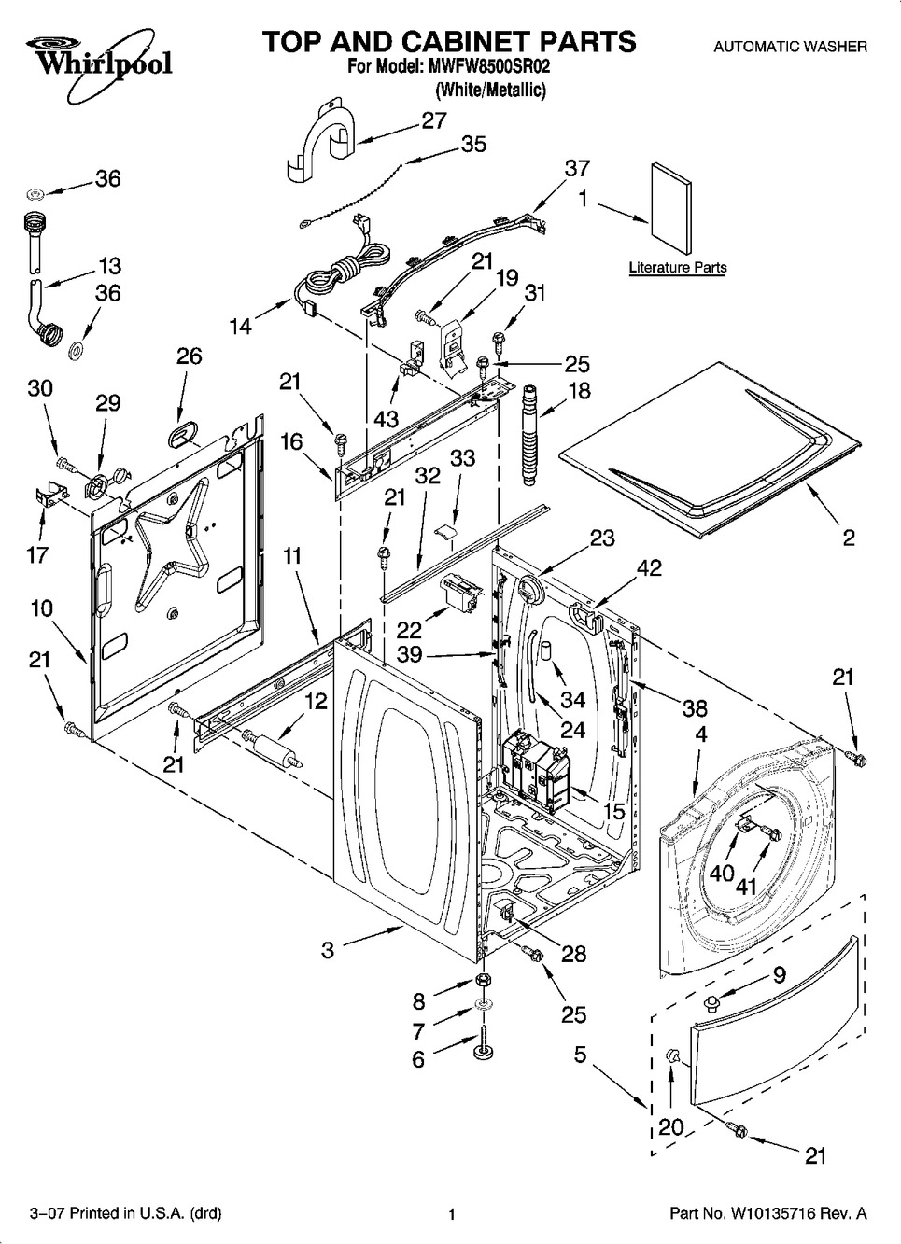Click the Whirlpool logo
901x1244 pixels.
coord(92,56)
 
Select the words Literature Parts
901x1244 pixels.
coord(677,268)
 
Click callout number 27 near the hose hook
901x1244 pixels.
coord(434,120)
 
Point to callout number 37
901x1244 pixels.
coord(577,168)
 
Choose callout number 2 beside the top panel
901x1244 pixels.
coord(848,538)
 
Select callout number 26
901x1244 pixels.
coord(189,356)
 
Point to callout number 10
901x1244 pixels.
coord(40,608)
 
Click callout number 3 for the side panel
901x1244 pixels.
coord(328,950)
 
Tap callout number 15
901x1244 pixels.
coord(612,812)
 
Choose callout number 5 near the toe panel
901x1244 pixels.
coord(581,1055)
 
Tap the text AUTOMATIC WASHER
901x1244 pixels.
coord(790,46)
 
